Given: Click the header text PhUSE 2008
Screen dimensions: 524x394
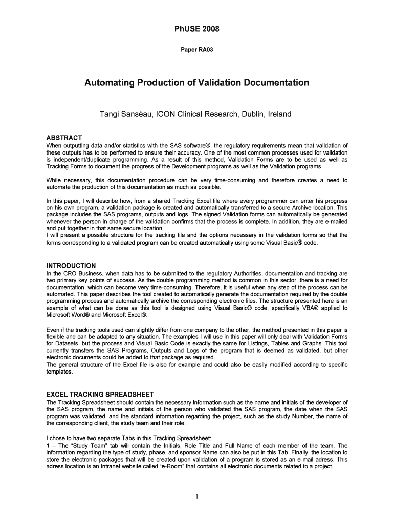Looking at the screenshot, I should pos(197,29).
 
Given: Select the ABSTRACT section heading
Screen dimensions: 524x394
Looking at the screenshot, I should pos(64,139).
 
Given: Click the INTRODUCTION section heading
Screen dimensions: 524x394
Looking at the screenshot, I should pos(71,266).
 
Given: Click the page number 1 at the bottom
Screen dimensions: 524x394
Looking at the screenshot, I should pos(197,497).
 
